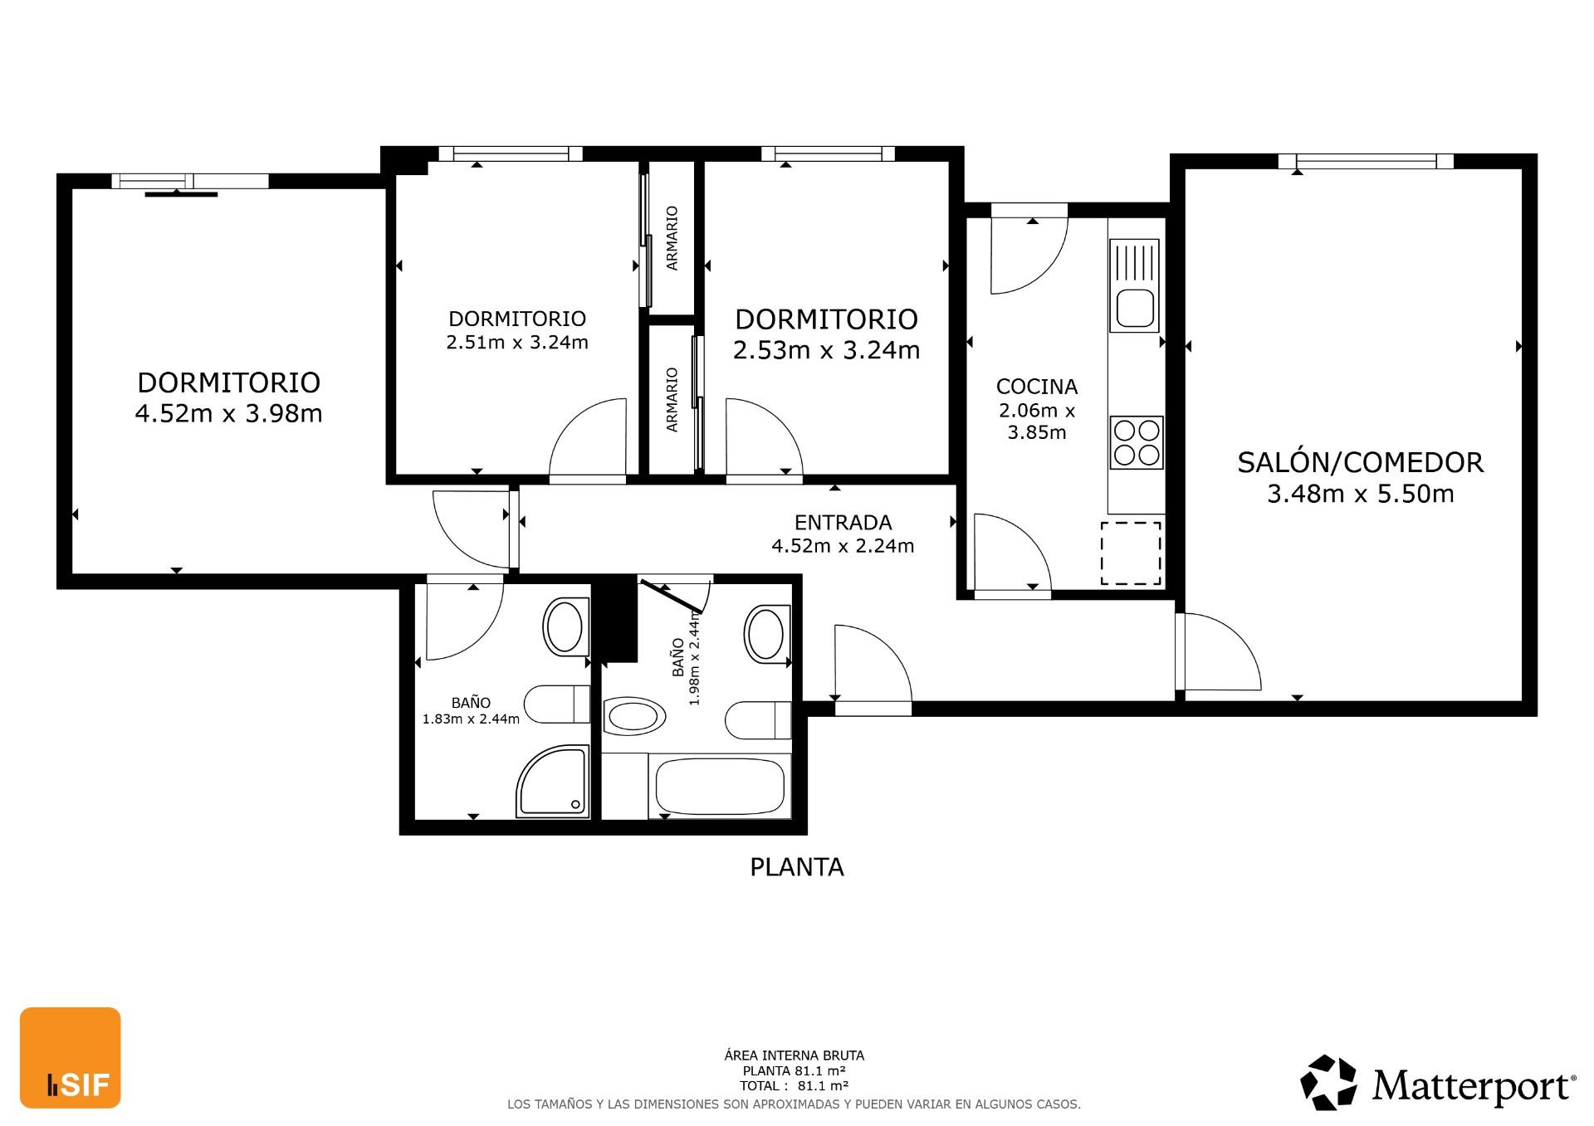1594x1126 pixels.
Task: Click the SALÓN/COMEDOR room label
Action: click(x=1360, y=462)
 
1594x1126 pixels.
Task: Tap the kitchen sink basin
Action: click(x=1135, y=309)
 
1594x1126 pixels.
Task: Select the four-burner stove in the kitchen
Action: click(x=1137, y=443)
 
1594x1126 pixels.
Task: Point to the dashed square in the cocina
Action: click(x=1131, y=553)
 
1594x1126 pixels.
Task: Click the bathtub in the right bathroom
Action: click(x=720, y=787)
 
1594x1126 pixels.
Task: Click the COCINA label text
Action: click(x=1037, y=387)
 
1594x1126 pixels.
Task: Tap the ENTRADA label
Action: click(x=843, y=523)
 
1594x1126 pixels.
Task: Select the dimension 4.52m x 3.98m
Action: click(x=228, y=413)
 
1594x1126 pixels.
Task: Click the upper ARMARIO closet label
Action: click(x=672, y=238)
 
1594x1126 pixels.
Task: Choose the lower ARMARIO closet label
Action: click(x=672, y=400)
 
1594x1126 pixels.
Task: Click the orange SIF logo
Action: click(x=71, y=1058)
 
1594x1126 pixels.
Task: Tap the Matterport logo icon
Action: click(x=1328, y=1082)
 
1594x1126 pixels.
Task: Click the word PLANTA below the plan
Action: click(x=797, y=867)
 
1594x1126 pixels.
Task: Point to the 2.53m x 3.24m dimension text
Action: click(x=827, y=350)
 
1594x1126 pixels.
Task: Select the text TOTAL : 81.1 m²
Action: click(x=795, y=1085)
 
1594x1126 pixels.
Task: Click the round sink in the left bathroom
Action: click(x=565, y=627)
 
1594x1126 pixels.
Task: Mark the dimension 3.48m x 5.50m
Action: click(x=1361, y=495)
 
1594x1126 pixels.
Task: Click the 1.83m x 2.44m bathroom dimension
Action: click(x=471, y=719)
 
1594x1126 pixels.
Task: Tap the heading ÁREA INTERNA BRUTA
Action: click(x=795, y=1055)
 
